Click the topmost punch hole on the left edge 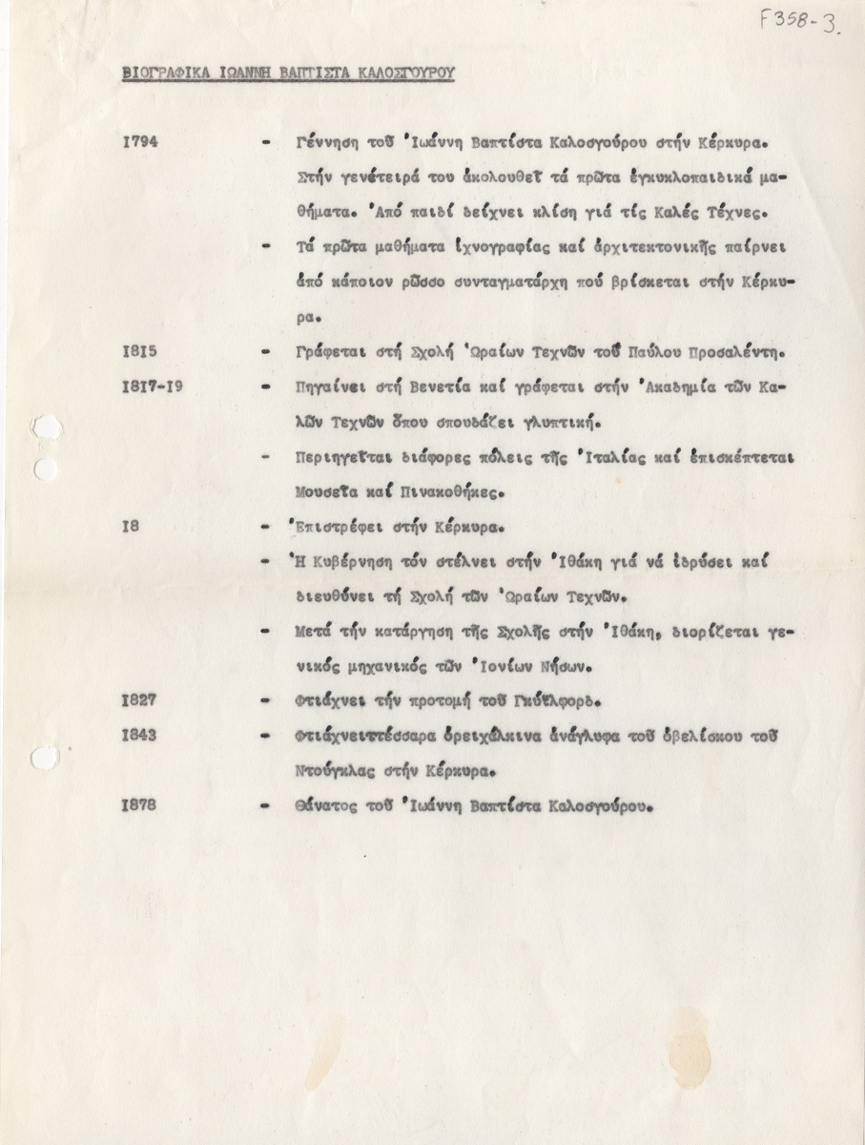[x=43, y=428]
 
